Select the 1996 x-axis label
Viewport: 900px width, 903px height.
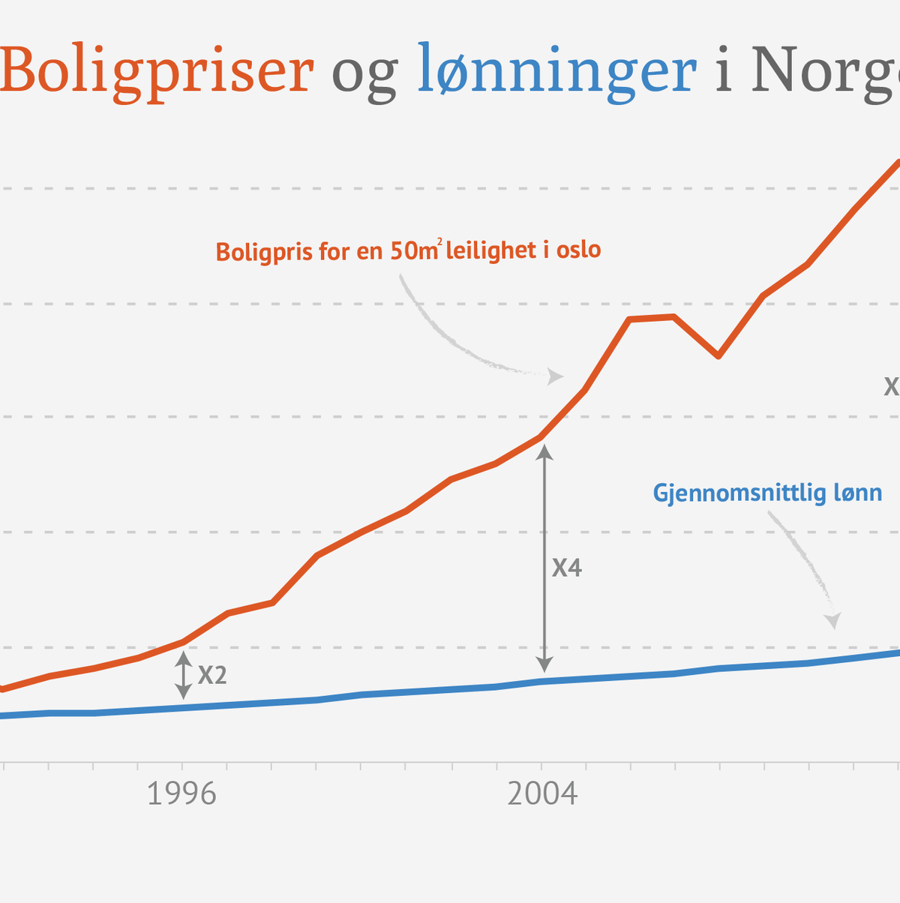pos(181,793)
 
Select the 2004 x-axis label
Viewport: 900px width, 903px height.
pos(542,793)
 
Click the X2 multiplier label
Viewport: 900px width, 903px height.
pos(212,676)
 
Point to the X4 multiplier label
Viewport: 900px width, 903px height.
pos(567,568)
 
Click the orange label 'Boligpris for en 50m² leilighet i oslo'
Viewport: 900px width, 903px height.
pos(408,250)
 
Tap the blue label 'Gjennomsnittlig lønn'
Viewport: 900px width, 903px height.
pos(767,493)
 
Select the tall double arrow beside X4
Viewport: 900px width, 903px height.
pos(545,558)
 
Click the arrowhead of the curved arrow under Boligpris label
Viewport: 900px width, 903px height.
pos(556,376)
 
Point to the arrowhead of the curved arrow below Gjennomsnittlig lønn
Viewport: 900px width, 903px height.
pos(832,622)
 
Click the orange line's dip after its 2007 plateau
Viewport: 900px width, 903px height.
pos(718,355)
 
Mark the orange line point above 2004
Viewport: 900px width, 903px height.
pos(541,436)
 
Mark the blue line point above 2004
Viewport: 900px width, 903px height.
pos(541,681)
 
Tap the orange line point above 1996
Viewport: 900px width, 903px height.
pos(182,642)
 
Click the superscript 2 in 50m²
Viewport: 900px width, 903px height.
pos(439,241)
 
